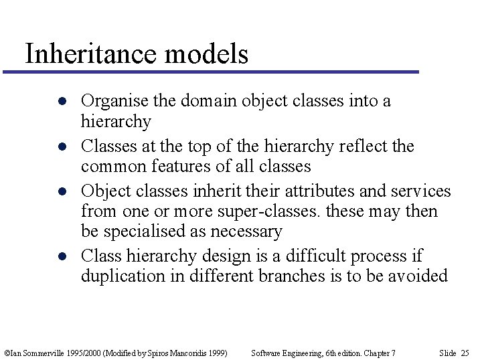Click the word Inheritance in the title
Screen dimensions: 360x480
pos(91,54)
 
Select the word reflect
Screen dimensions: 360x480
pos(366,147)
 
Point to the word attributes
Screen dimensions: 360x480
pos(321,191)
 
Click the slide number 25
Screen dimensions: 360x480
pos(465,353)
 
